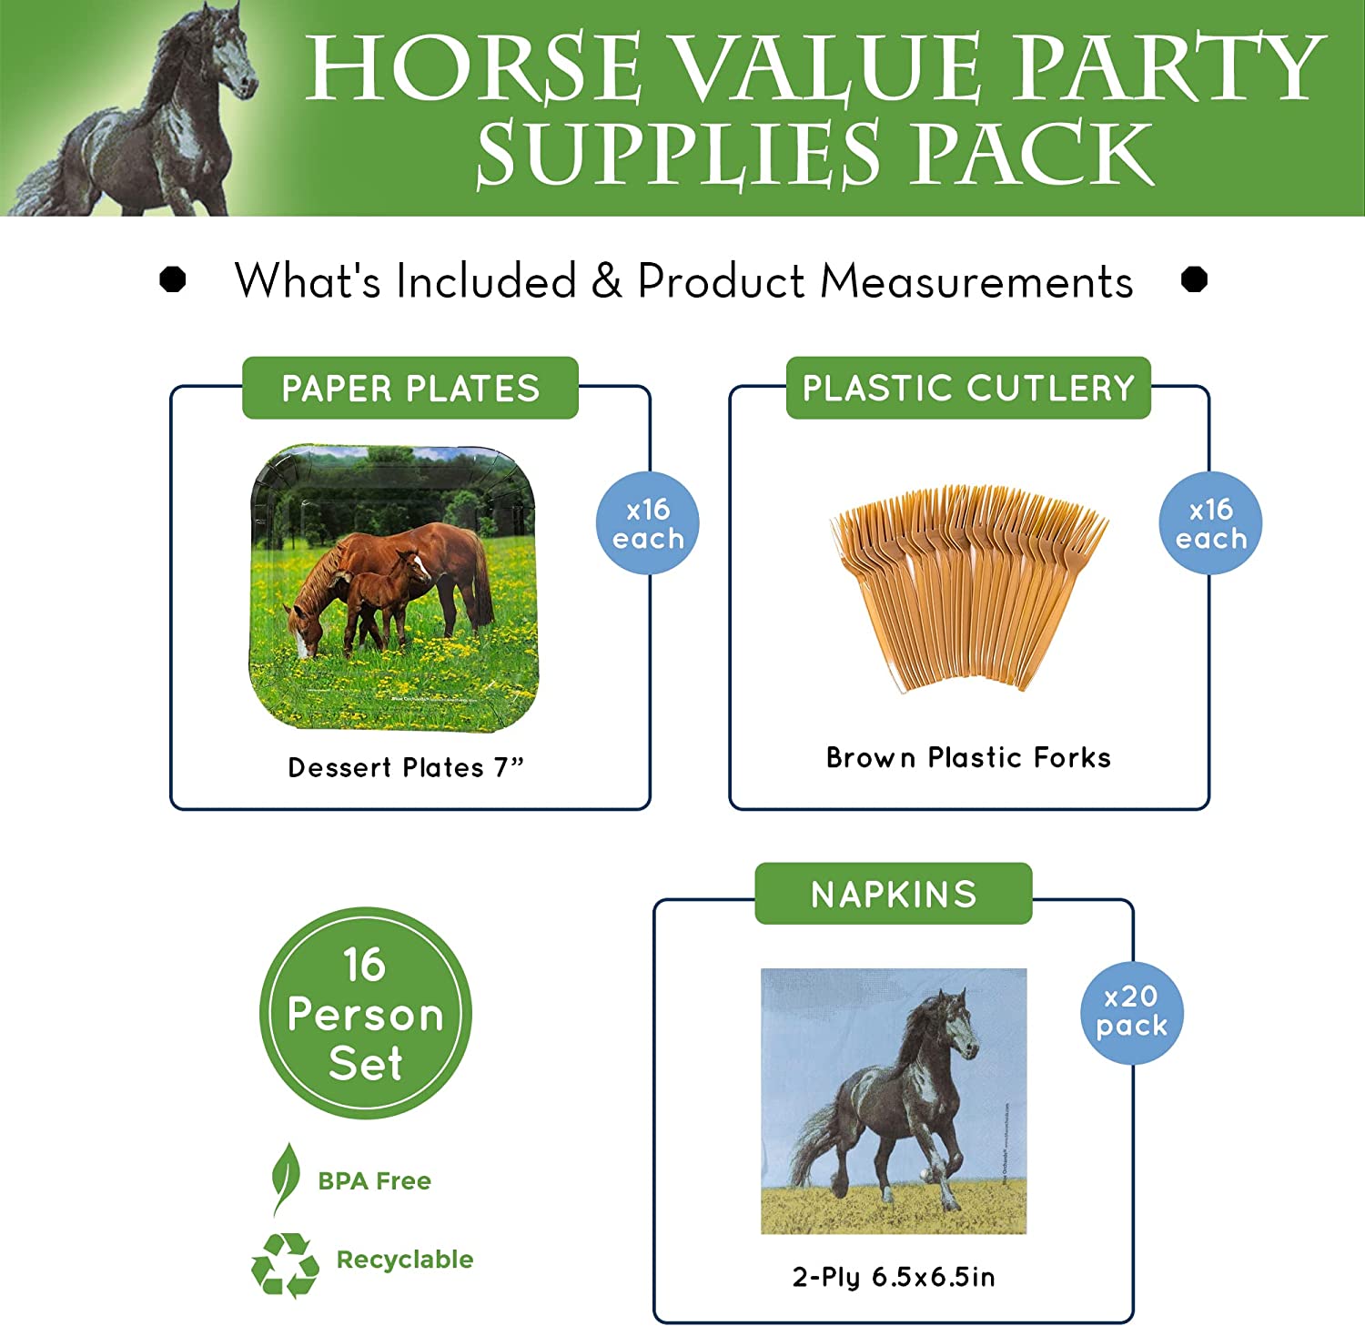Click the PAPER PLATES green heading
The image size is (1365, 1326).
pos(410,389)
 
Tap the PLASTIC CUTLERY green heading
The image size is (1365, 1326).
pos(968,389)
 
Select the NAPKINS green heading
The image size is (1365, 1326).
pos(894,895)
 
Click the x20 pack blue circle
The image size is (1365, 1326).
pos(1131,1012)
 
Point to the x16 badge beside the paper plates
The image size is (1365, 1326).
pos(647,523)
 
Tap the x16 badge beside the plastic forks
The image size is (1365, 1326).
pos(1210,523)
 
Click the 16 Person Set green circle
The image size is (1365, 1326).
pos(365,1013)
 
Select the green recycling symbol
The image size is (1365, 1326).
pos(285,1263)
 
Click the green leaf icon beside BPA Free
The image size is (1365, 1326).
pos(286,1178)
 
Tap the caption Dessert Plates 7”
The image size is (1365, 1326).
pos(406,767)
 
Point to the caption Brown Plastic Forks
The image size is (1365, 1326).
pos(968,757)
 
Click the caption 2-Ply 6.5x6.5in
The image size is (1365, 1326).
pos(894,1277)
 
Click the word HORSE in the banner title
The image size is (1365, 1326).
pos(474,68)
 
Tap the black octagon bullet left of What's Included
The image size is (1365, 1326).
pos(173,278)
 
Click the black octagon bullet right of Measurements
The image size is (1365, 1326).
pos(1194,278)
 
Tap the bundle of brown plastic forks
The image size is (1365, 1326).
pos(968,582)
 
